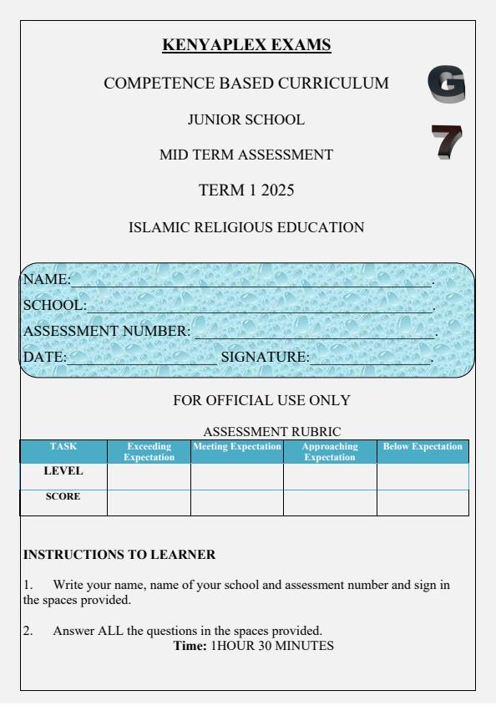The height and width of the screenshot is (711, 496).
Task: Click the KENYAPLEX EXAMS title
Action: (x=247, y=43)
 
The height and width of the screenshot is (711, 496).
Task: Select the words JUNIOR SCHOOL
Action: (x=246, y=119)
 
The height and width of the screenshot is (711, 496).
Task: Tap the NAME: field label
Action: (x=45, y=279)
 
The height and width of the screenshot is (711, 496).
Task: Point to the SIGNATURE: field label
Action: (x=264, y=358)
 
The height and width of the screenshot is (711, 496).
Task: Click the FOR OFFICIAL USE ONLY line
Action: (x=261, y=400)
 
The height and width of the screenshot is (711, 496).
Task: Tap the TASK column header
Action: (x=63, y=448)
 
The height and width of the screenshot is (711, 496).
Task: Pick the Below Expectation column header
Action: (x=423, y=448)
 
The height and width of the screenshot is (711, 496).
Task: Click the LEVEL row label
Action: (x=63, y=471)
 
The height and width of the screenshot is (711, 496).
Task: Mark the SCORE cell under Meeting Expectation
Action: (x=237, y=502)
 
